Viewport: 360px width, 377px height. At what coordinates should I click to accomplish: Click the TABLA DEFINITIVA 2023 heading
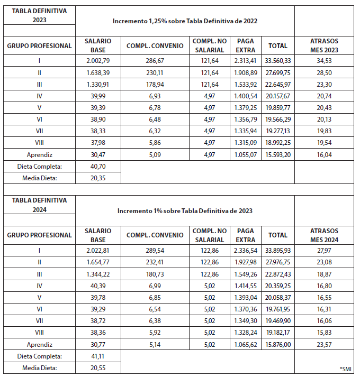point(39,16)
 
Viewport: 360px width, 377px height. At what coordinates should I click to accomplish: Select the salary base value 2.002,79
point(98,61)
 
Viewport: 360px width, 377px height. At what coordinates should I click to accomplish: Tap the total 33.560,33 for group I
point(277,61)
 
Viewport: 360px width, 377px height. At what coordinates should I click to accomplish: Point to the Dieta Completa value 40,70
point(98,166)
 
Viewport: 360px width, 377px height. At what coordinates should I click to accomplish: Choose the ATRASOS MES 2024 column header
point(324,235)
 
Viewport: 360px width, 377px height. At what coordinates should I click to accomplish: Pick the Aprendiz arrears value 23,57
point(324,344)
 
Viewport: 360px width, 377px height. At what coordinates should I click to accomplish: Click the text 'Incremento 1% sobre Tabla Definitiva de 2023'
point(185,211)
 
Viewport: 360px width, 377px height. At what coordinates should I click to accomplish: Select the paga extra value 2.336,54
point(246,250)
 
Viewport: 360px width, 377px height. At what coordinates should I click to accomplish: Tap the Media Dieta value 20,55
point(98,367)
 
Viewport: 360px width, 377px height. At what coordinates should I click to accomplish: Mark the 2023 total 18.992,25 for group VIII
point(277,143)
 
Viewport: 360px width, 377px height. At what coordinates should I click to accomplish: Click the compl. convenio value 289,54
point(155,250)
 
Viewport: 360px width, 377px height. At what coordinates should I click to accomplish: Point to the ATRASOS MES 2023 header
point(324,45)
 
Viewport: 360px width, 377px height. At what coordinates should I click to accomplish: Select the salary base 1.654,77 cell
point(98,262)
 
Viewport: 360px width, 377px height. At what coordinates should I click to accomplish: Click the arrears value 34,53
point(324,61)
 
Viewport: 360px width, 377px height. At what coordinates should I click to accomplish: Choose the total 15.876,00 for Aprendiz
point(277,344)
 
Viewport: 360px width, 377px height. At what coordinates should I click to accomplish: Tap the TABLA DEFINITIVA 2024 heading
point(39,205)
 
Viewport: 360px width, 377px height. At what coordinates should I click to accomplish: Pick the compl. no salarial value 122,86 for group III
point(209,274)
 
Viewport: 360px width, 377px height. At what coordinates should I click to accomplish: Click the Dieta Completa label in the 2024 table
point(39,356)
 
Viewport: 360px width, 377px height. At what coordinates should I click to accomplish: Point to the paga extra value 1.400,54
point(246,96)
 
